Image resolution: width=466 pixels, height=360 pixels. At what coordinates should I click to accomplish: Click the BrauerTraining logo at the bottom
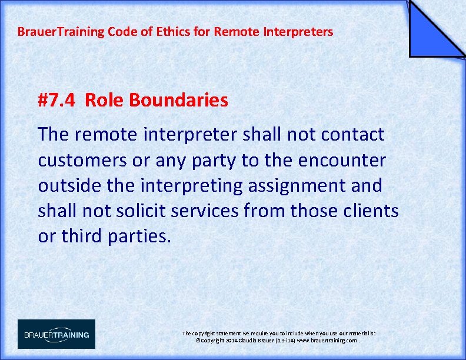pyautogui.click(x=56, y=334)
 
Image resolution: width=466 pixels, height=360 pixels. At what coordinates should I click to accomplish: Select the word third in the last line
pyautogui.click(x=80, y=236)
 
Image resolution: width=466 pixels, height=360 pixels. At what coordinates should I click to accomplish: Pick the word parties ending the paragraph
pyautogui.click(x=138, y=236)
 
